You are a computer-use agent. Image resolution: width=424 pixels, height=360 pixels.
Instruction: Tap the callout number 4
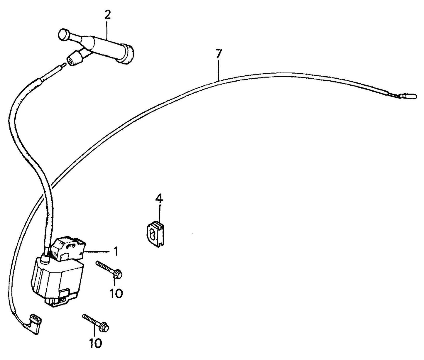tap(159, 199)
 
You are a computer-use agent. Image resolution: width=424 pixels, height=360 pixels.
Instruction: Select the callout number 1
tap(116, 251)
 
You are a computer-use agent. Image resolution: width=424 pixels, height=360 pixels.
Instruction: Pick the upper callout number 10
tap(116, 293)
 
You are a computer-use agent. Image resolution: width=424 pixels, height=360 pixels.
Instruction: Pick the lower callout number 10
tap(96, 343)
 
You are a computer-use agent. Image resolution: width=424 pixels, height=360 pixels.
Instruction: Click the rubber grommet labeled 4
tap(156, 234)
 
